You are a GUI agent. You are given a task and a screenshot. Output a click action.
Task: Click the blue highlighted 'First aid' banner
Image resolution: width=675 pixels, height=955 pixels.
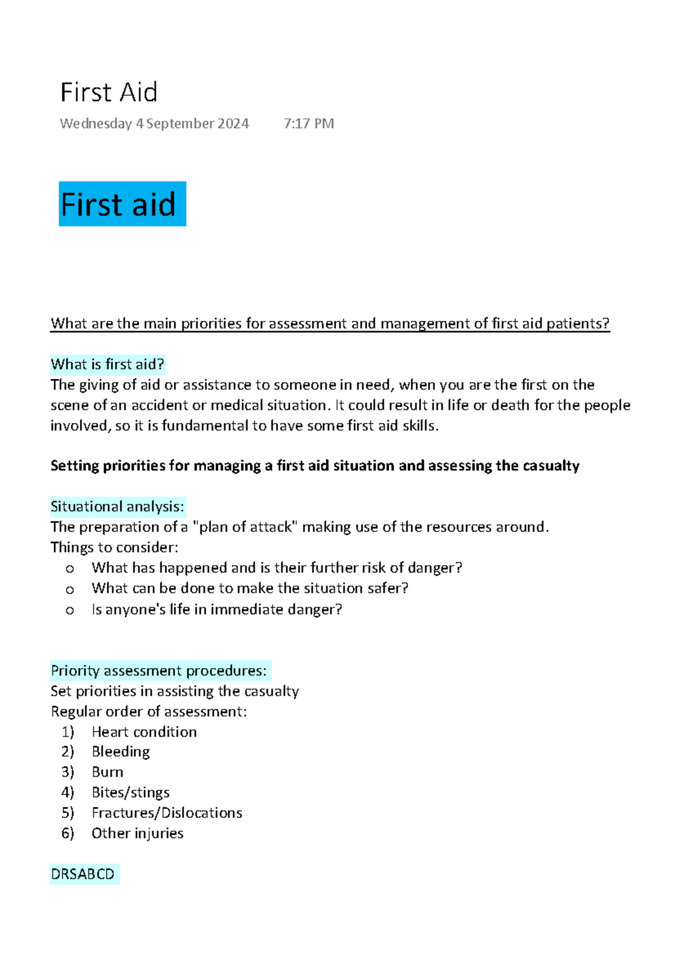[x=122, y=204]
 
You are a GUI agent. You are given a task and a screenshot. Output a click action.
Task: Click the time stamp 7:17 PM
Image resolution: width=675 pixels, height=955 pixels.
[x=309, y=124]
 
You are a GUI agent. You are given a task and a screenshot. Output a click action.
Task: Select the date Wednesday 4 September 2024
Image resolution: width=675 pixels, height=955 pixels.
[x=154, y=124]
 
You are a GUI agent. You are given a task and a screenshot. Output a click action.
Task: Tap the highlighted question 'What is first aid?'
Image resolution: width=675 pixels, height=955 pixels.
[x=107, y=364]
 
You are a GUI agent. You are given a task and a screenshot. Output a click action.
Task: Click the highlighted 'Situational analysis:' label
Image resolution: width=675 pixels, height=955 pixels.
[x=117, y=507]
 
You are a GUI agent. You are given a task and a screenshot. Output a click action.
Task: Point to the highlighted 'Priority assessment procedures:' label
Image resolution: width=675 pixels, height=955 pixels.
[x=159, y=670]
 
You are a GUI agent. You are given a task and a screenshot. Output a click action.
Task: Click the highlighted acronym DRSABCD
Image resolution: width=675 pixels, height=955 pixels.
[x=83, y=874]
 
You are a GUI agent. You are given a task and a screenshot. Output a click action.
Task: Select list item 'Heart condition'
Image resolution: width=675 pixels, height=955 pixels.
[x=144, y=732]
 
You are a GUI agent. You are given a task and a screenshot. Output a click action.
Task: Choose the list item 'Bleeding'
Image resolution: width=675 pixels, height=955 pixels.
[x=120, y=752]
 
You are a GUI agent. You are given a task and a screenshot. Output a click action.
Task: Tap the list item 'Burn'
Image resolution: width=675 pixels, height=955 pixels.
[x=107, y=772]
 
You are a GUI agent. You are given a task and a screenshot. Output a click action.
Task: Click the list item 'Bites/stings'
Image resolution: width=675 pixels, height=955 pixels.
[x=130, y=792]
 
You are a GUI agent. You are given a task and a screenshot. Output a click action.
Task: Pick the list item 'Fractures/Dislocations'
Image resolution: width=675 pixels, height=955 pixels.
[x=166, y=813]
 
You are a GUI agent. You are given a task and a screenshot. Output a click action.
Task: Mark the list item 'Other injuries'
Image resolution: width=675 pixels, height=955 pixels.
[x=137, y=833]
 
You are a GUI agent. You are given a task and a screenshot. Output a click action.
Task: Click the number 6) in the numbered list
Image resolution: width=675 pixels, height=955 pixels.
[x=67, y=833]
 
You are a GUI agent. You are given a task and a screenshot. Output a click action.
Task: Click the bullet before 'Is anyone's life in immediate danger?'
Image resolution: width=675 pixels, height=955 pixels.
[x=70, y=610]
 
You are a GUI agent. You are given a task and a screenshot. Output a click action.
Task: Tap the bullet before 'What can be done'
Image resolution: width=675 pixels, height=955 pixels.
[x=70, y=589]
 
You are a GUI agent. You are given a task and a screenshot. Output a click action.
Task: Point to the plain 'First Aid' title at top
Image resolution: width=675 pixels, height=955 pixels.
[x=109, y=92]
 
